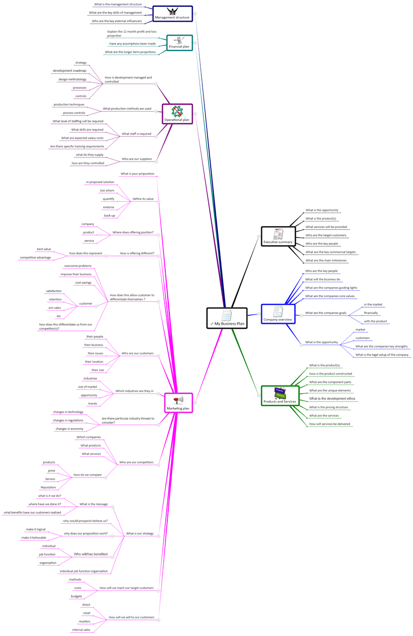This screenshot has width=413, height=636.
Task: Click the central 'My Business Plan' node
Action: [227, 318]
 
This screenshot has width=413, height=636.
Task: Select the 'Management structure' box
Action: [172, 13]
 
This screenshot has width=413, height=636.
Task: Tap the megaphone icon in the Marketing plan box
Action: [179, 400]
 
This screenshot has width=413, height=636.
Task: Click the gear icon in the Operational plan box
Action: [177, 112]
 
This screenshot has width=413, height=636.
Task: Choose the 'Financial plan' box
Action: [179, 43]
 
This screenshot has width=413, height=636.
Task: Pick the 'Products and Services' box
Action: [280, 395]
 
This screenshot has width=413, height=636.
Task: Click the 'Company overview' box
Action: [278, 314]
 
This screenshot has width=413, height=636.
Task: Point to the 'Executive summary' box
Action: [278, 236]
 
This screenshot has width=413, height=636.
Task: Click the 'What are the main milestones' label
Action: [326, 260]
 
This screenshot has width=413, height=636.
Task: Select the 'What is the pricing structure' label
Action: [328, 407]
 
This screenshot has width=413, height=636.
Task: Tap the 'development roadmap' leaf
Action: [70, 71]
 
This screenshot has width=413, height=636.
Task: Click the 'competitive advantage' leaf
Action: [36, 258]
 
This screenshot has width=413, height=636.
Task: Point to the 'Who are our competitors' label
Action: [136, 462]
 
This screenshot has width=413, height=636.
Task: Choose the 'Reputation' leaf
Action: [48, 487]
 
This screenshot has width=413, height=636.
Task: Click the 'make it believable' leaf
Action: [34, 537]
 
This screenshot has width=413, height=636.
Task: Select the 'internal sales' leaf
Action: [81, 630]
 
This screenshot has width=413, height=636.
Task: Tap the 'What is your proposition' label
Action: [137, 173]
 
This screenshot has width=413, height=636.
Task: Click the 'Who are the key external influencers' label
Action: [117, 21]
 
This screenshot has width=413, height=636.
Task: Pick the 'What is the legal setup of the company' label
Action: [382, 355]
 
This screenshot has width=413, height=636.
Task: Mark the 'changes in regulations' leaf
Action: [68, 420]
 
